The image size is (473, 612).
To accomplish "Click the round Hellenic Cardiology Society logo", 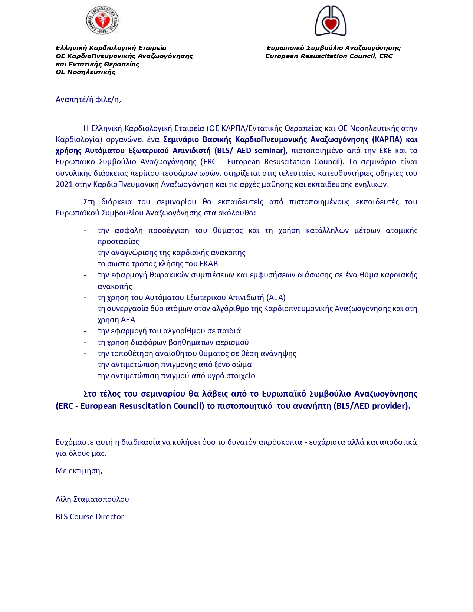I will click(x=102, y=20).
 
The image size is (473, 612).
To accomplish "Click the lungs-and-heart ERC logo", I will click(x=330, y=21).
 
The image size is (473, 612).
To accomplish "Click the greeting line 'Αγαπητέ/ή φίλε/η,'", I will click(x=88, y=99).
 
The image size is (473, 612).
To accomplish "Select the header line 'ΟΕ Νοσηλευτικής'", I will click(x=85, y=72).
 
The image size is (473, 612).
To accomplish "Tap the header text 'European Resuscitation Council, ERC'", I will click(x=329, y=56).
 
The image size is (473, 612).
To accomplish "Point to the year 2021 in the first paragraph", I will click(x=64, y=184).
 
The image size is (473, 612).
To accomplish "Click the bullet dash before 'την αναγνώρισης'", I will click(x=85, y=253).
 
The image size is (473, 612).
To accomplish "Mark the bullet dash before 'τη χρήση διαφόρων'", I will click(x=85, y=342).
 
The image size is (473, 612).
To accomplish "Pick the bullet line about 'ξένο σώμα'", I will click(x=174, y=365).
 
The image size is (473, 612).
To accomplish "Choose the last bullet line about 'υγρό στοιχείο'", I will click(x=176, y=376).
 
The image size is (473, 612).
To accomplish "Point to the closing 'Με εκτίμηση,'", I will click(x=79, y=471).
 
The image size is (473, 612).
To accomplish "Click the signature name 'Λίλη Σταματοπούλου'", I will click(x=92, y=499).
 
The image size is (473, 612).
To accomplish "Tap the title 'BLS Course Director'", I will click(x=90, y=517).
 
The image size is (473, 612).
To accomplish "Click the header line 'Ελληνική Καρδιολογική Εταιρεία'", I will click(x=111, y=48).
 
